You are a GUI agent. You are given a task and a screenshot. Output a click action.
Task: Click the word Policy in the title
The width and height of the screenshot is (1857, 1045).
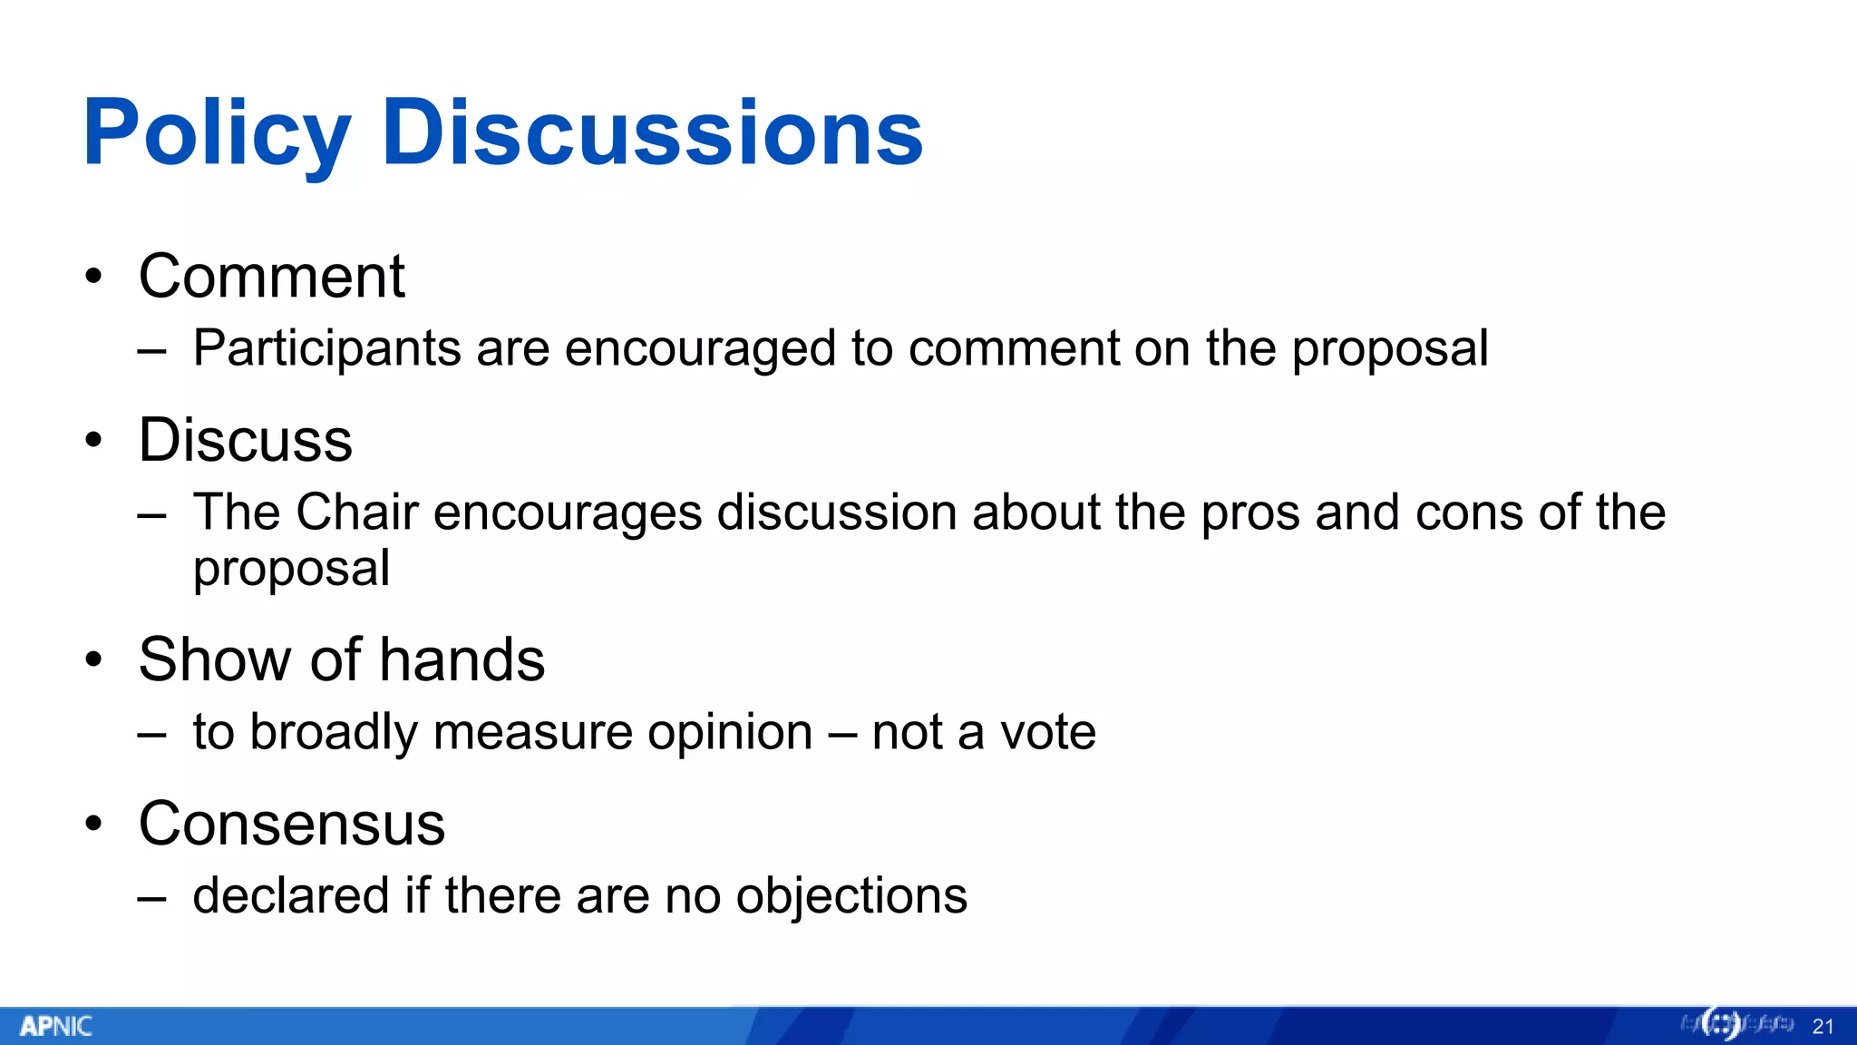[216, 134]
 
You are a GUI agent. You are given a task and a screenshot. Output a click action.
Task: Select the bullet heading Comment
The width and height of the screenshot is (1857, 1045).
[271, 276]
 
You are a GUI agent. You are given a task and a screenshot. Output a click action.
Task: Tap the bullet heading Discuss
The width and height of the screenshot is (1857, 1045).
[245, 440]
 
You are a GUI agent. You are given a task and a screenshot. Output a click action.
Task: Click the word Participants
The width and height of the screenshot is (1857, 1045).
[326, 349]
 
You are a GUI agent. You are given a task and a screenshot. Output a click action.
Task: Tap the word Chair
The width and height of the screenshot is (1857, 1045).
[356, 513]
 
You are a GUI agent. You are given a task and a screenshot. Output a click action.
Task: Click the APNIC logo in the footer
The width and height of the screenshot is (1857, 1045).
[56, 1026]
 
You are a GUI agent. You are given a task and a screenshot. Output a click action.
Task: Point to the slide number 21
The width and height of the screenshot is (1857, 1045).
[1823, 1027]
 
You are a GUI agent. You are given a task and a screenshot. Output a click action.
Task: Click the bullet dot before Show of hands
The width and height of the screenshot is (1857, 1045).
[93, 659]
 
